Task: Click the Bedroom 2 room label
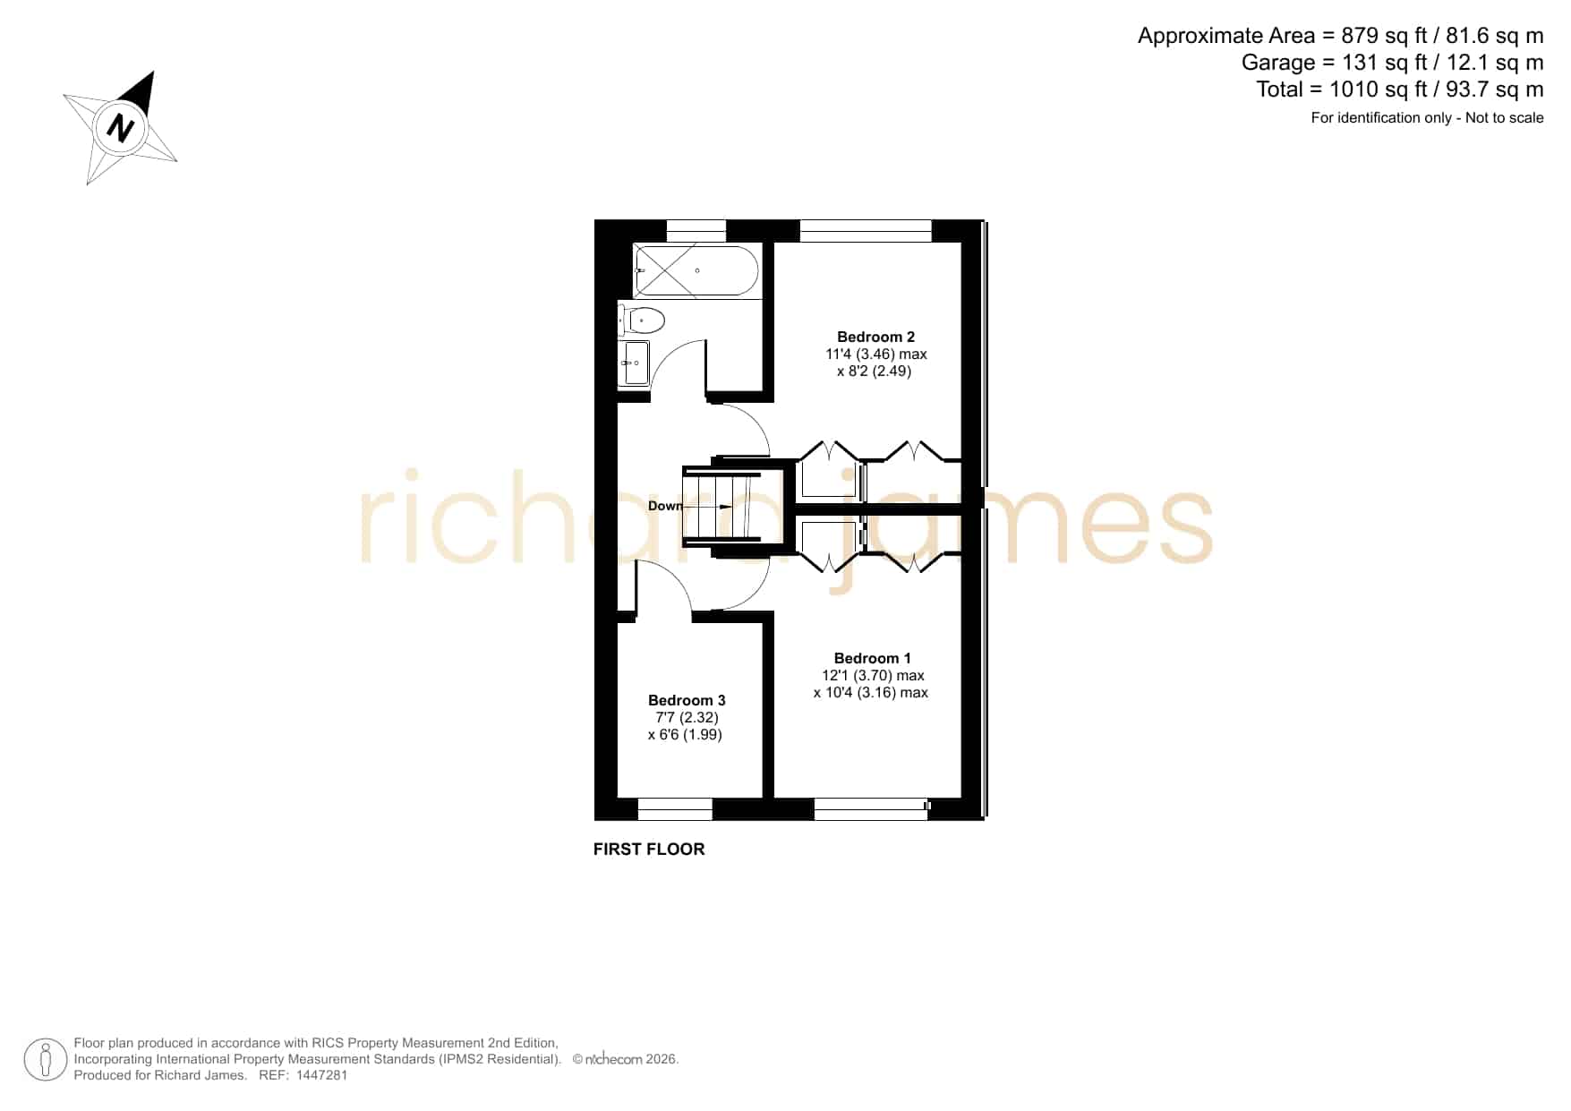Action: (875, 338)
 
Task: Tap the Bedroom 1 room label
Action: (873, 659)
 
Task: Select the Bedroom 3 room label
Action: (687, 701)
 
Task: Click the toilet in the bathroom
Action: (641, 320)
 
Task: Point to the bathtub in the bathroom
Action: (696, 269)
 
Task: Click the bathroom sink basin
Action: (636, 363)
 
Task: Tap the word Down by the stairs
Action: (665, 507)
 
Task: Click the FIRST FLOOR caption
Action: (649, 850)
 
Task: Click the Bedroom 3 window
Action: (675, 809)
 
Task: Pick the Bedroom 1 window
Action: (872, 809)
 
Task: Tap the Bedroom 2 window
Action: (866, 231)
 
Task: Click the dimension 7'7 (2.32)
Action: (687, 718)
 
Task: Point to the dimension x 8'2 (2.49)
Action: (875, 372)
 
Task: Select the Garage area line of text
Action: (1392, 63)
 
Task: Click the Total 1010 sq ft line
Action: (1400, 90)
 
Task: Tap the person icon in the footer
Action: (46, 1060)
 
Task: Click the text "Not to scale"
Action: (1504, 118)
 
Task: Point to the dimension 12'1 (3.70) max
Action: (873, 676)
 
